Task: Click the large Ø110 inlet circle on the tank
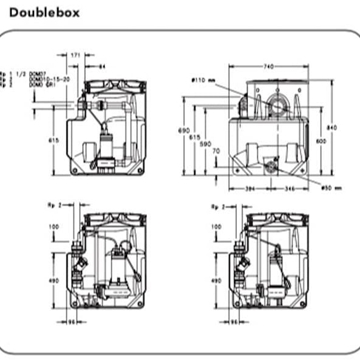[x=269, y=103]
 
